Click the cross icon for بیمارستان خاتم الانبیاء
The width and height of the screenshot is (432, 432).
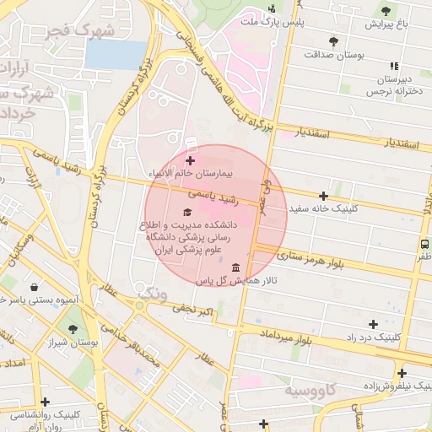point(190,159)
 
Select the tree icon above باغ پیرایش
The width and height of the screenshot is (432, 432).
point(386,11)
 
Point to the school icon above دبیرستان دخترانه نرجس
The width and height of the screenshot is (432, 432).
point(393,65)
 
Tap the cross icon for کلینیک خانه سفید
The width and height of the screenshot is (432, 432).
point(323,195)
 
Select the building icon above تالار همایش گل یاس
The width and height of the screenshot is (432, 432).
point(222,267)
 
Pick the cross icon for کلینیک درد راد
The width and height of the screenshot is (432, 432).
point(373,323)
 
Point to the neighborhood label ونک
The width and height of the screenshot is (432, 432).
point(153,294)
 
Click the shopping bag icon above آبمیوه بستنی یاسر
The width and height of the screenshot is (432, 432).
point(33,285)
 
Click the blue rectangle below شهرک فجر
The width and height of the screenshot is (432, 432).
point(116,55)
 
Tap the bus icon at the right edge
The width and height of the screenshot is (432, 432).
point(424,244)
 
